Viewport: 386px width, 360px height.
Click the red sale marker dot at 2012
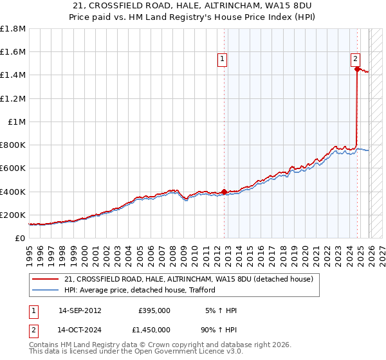click(x=224, y=192)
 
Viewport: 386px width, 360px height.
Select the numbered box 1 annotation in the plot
click(x=222, y=59)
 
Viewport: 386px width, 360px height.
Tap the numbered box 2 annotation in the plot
click(x=355, y=59)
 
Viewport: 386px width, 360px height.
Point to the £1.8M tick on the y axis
click(x=13, y=29)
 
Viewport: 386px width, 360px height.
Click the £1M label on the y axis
click(x=17, y=122)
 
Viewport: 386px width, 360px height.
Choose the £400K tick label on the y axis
click(x=13, y=192)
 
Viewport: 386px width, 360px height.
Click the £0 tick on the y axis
click(x=20, y=238)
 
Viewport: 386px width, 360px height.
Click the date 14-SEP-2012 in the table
click(x=80, y=310)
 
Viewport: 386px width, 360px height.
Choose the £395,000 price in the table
click(x=154, y=310)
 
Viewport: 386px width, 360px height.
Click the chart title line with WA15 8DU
click(x=192, y=4)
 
